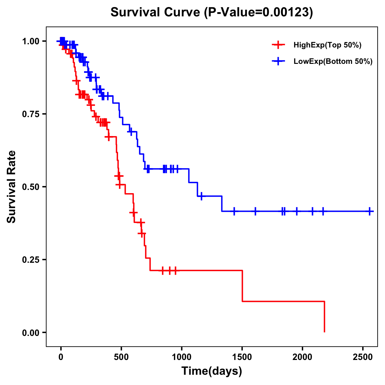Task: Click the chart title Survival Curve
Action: [211, 12]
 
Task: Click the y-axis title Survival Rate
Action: [12, 187]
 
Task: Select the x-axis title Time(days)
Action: [212, 371]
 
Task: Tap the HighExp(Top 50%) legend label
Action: [328, 45]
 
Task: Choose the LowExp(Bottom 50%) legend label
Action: [333, 62]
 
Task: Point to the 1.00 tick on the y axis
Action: [31, 41]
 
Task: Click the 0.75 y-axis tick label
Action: [31, 114]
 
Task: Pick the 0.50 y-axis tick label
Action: [31, 187]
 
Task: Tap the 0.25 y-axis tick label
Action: [31, 260]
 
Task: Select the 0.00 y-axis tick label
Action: [31, 332]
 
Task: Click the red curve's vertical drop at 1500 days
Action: [242, 286]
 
